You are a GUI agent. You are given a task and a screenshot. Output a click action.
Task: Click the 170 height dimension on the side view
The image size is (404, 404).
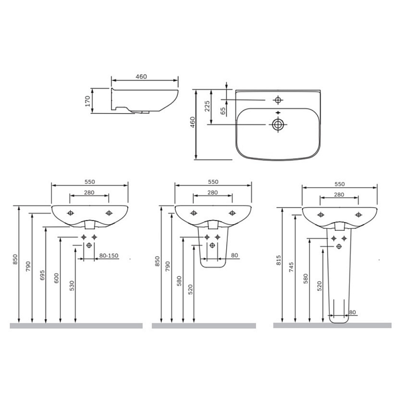pos(87,101)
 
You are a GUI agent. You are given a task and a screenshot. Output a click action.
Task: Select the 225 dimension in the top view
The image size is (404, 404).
pos(207,106)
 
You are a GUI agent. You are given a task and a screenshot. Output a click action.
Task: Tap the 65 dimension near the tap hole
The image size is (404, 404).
pos(223,111)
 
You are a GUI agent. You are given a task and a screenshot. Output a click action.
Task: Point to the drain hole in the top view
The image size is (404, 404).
pos(278,125)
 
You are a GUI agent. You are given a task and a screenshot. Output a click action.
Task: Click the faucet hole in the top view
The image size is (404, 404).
pos(278,99)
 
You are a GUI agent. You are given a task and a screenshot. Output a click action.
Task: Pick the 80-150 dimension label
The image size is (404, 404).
pos(109,256)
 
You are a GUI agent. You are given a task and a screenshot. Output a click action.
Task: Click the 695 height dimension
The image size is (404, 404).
pos(42,275)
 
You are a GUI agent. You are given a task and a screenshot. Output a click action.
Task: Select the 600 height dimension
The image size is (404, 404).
pos(57,278)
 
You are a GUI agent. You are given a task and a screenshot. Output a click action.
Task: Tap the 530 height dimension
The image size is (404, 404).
pos(72,286)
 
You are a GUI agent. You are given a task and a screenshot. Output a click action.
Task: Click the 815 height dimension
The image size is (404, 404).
pos(279,261)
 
